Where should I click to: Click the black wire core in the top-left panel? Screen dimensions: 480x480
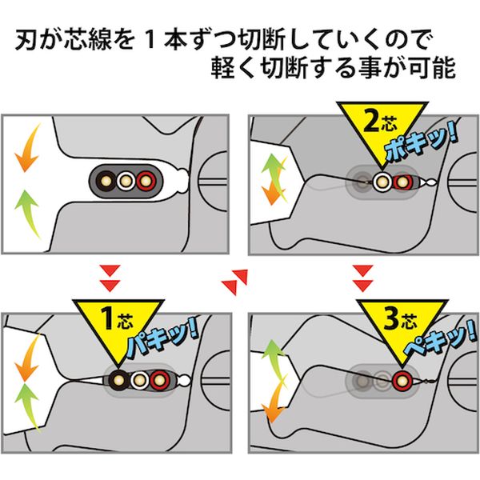coord(106,178)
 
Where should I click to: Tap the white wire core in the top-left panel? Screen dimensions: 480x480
coord(126,178)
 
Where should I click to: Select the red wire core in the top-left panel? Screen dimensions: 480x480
coord(146,178)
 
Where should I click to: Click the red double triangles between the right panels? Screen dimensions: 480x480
coord(362,274)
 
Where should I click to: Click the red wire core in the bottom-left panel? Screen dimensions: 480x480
coord(160,379)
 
